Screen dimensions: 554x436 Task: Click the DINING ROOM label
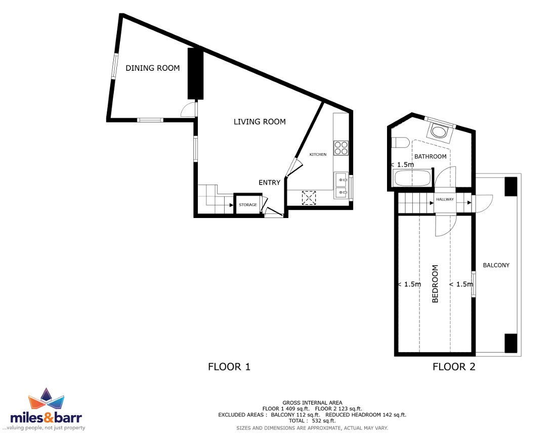153,68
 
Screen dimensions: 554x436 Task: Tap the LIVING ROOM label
260,121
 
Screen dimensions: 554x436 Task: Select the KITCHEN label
318,154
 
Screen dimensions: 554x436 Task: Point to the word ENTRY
269,182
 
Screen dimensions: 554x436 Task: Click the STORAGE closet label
248,204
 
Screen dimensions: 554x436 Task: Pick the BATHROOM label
431,156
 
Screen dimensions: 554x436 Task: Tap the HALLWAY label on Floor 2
445,199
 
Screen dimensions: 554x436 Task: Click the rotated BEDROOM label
435,284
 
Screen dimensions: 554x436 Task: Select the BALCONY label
496,265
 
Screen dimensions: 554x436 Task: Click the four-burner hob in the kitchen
341,148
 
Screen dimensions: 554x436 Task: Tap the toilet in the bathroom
400,143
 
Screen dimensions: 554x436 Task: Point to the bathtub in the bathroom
412,178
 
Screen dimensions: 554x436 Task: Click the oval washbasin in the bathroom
439,132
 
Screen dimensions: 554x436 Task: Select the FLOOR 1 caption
229,367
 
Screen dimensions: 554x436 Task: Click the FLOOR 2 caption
454,367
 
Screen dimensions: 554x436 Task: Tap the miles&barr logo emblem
46,400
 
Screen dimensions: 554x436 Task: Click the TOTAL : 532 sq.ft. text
312,421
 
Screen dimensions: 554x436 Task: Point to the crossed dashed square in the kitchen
309,198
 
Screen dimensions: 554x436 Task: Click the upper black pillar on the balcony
510,187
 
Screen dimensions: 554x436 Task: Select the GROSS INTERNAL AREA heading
312,403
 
